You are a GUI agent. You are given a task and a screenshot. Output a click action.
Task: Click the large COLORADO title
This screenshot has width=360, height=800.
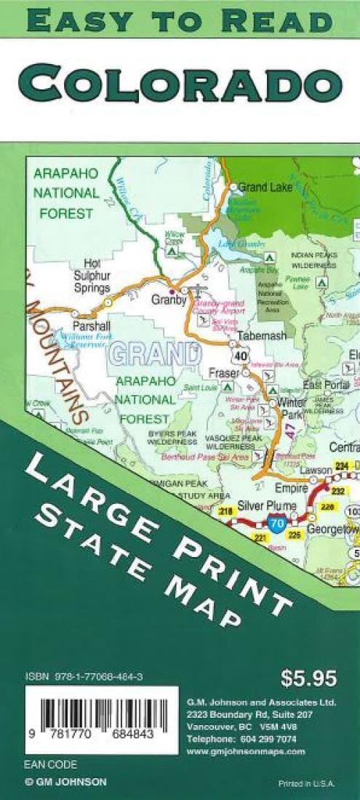click(180, 83)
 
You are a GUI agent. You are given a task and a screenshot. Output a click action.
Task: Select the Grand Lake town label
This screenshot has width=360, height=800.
click(265, 187)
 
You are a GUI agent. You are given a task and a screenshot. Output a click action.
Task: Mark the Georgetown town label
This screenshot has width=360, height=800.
click(333, 530)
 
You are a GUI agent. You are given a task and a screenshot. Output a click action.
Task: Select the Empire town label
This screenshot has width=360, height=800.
click(287, 488)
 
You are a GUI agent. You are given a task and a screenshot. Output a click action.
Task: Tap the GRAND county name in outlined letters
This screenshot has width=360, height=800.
click(153, 354)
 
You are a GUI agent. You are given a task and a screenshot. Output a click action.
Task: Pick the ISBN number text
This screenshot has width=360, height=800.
click(84, 676)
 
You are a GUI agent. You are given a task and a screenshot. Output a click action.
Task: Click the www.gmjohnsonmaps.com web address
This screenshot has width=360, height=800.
click(246, 751)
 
